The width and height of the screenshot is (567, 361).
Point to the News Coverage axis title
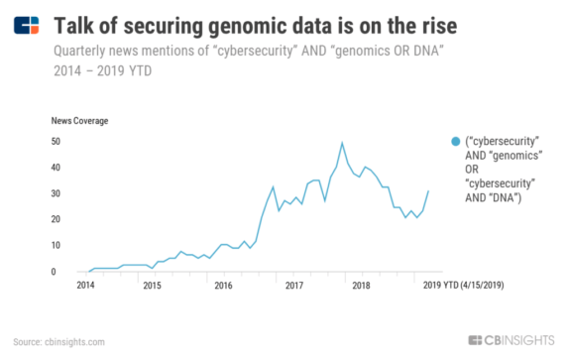[x=79, y=121]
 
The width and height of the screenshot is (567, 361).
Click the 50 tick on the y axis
[x=57, y=142]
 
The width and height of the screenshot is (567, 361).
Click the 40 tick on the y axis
[x=57, y=168]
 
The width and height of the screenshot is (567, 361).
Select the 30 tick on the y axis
[x=57, y=193]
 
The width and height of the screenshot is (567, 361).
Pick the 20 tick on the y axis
[x=57, y=219]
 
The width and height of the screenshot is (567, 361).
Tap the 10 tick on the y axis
[x=57, y=245]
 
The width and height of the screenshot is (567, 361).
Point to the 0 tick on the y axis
[x=58, y=271]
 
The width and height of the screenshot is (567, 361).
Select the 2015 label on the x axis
[x=152, y=286]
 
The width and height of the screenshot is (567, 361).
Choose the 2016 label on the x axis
[x=223, y=286]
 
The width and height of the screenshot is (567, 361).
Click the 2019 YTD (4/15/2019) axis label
[x=466, y=286]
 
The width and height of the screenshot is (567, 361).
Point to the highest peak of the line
[x=342, y=143]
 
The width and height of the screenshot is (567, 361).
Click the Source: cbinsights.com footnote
[x=58, y=342]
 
